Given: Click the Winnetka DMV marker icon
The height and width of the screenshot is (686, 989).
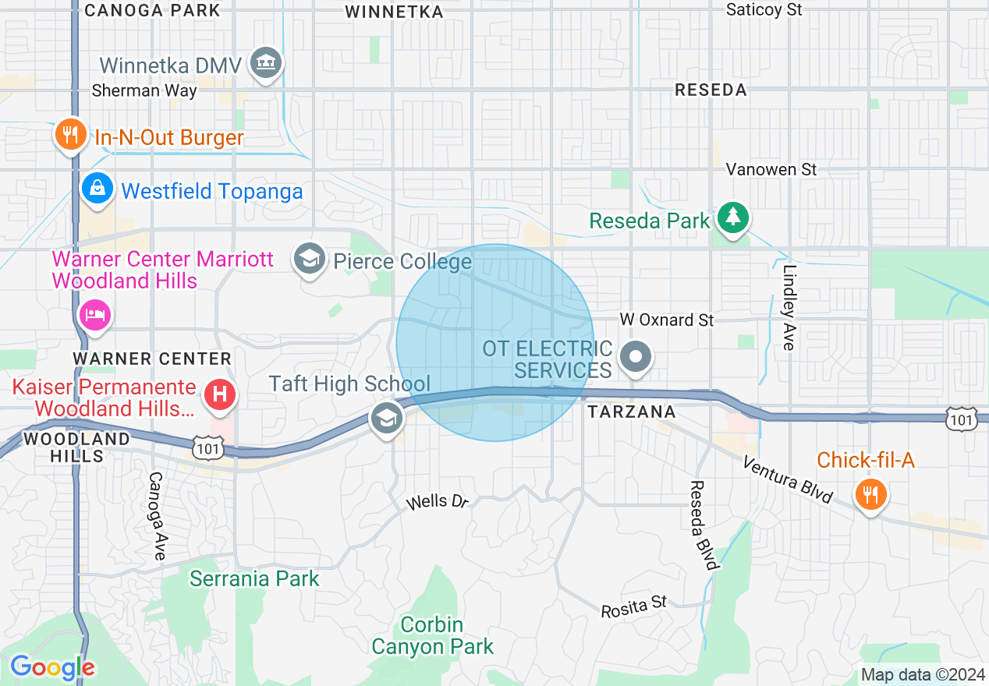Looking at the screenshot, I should (266, 64).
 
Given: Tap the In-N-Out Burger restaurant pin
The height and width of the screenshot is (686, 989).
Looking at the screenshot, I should (70, 136).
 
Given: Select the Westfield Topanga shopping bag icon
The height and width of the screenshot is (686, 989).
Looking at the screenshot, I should (97, 189).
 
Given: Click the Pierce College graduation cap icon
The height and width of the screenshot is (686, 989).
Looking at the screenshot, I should (309, 259).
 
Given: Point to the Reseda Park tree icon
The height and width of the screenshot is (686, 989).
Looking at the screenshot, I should (732, 218).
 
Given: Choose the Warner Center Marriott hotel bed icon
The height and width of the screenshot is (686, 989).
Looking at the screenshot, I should (95, 316).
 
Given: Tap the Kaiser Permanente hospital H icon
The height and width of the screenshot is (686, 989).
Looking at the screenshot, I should (220, 394).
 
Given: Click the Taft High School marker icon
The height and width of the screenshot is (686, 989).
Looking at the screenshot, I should (386, 418).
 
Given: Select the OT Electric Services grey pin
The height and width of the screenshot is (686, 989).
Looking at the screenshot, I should (636, 358).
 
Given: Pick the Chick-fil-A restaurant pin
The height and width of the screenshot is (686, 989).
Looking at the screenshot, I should (870, 493).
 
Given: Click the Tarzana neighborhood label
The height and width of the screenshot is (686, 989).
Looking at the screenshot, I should (630, 412).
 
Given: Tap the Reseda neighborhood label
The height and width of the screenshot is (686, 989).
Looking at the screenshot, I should (711, 90).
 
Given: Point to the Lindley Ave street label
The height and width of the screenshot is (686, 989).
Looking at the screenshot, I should (790, 308).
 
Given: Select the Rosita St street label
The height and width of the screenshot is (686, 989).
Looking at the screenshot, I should (634, 606).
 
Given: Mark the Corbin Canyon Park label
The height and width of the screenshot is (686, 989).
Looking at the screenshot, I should (433, 635).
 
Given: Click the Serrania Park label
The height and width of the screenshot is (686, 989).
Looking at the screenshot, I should (255, 578).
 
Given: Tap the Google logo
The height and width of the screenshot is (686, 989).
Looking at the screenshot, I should (51, 667).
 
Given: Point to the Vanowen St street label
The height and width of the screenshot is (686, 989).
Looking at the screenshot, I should (771, 169).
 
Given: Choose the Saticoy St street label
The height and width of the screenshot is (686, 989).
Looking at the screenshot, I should (764, 9).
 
